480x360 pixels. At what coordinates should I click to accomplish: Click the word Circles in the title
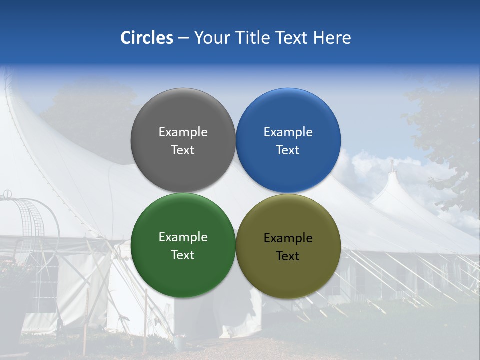[147, 38]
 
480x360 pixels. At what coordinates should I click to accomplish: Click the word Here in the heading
[332, 38]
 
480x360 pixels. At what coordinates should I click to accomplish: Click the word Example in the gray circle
[183, 132]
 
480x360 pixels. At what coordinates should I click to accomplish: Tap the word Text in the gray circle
[183, 150]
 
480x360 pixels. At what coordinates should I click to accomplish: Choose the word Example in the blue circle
[288, 132]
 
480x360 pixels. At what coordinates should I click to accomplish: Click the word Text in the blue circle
[288, 150]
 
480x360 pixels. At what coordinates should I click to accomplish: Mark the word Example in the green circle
[183, 237]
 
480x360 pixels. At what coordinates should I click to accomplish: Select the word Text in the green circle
[183, 255]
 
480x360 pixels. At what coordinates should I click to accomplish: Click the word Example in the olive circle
[288, 238]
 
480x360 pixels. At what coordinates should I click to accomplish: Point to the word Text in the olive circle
[288, 256]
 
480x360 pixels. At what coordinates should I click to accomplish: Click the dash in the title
[183, 38]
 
